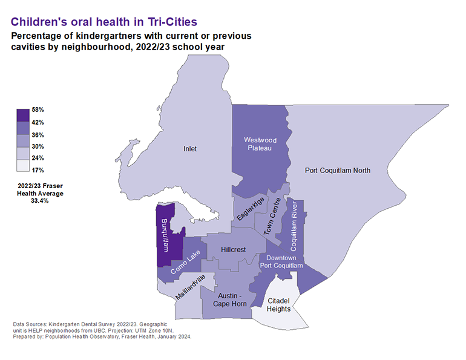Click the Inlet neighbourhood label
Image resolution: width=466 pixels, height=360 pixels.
(190, 149)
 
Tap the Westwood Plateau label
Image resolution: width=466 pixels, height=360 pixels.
(257, 144)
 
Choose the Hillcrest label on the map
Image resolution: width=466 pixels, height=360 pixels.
(234, 249)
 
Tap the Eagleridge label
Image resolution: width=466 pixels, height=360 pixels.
(251, 209)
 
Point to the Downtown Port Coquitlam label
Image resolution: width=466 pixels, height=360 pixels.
(281, 261)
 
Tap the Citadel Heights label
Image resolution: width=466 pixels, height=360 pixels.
(280, 304)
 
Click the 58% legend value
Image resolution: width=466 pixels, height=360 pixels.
(38, 110)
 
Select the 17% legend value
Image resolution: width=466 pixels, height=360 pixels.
(38, 170)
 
